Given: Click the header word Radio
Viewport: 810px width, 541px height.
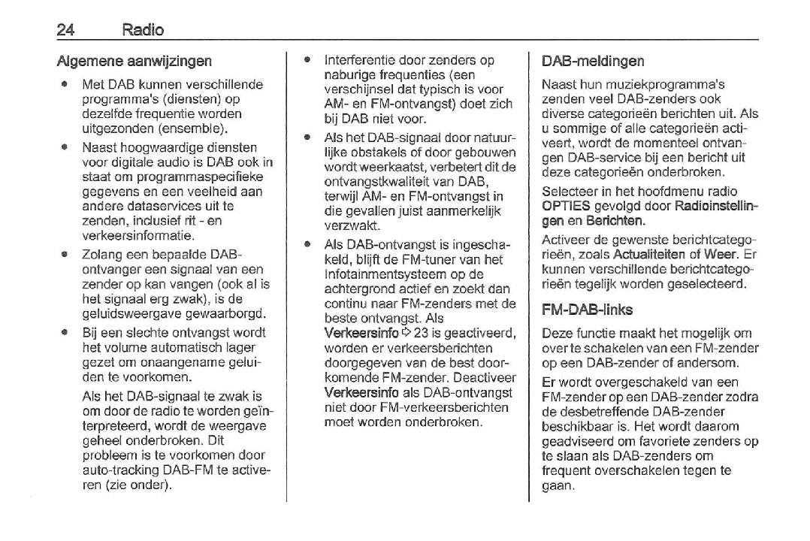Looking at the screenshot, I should [x=144, y=31].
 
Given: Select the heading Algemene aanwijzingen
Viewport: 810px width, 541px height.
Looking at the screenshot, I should [x=134, y=61].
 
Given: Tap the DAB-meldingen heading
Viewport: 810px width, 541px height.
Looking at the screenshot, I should [x=593, y=61].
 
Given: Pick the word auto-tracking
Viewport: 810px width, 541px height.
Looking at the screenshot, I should [x=116, y=470].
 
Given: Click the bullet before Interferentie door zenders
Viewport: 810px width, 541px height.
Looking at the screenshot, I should [x=307, y=60].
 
